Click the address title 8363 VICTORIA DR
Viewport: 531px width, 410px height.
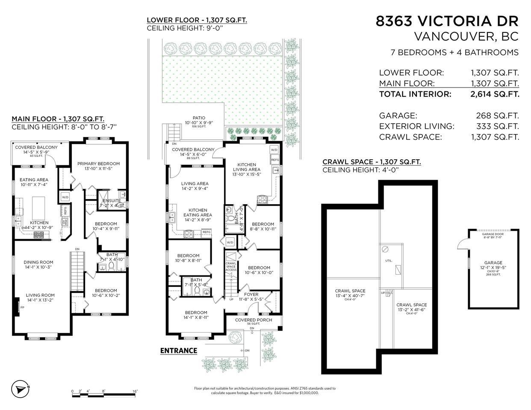pos(447,21)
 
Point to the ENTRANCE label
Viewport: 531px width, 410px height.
pos(178,351)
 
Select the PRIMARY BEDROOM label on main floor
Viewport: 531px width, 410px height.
pos(98,164)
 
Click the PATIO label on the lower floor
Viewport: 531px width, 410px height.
pos(199,118)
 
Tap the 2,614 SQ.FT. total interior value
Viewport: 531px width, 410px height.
pos(495,94)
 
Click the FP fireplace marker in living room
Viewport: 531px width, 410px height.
pos(22,307)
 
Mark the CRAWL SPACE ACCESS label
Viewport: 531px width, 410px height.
pos(231,266)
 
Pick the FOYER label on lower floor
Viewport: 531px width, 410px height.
pos(251,295)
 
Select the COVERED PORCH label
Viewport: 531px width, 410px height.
pos(254,320)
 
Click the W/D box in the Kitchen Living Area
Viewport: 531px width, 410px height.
pos(274,150)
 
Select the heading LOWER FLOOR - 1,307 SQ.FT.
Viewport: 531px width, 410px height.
pos(197,20)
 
